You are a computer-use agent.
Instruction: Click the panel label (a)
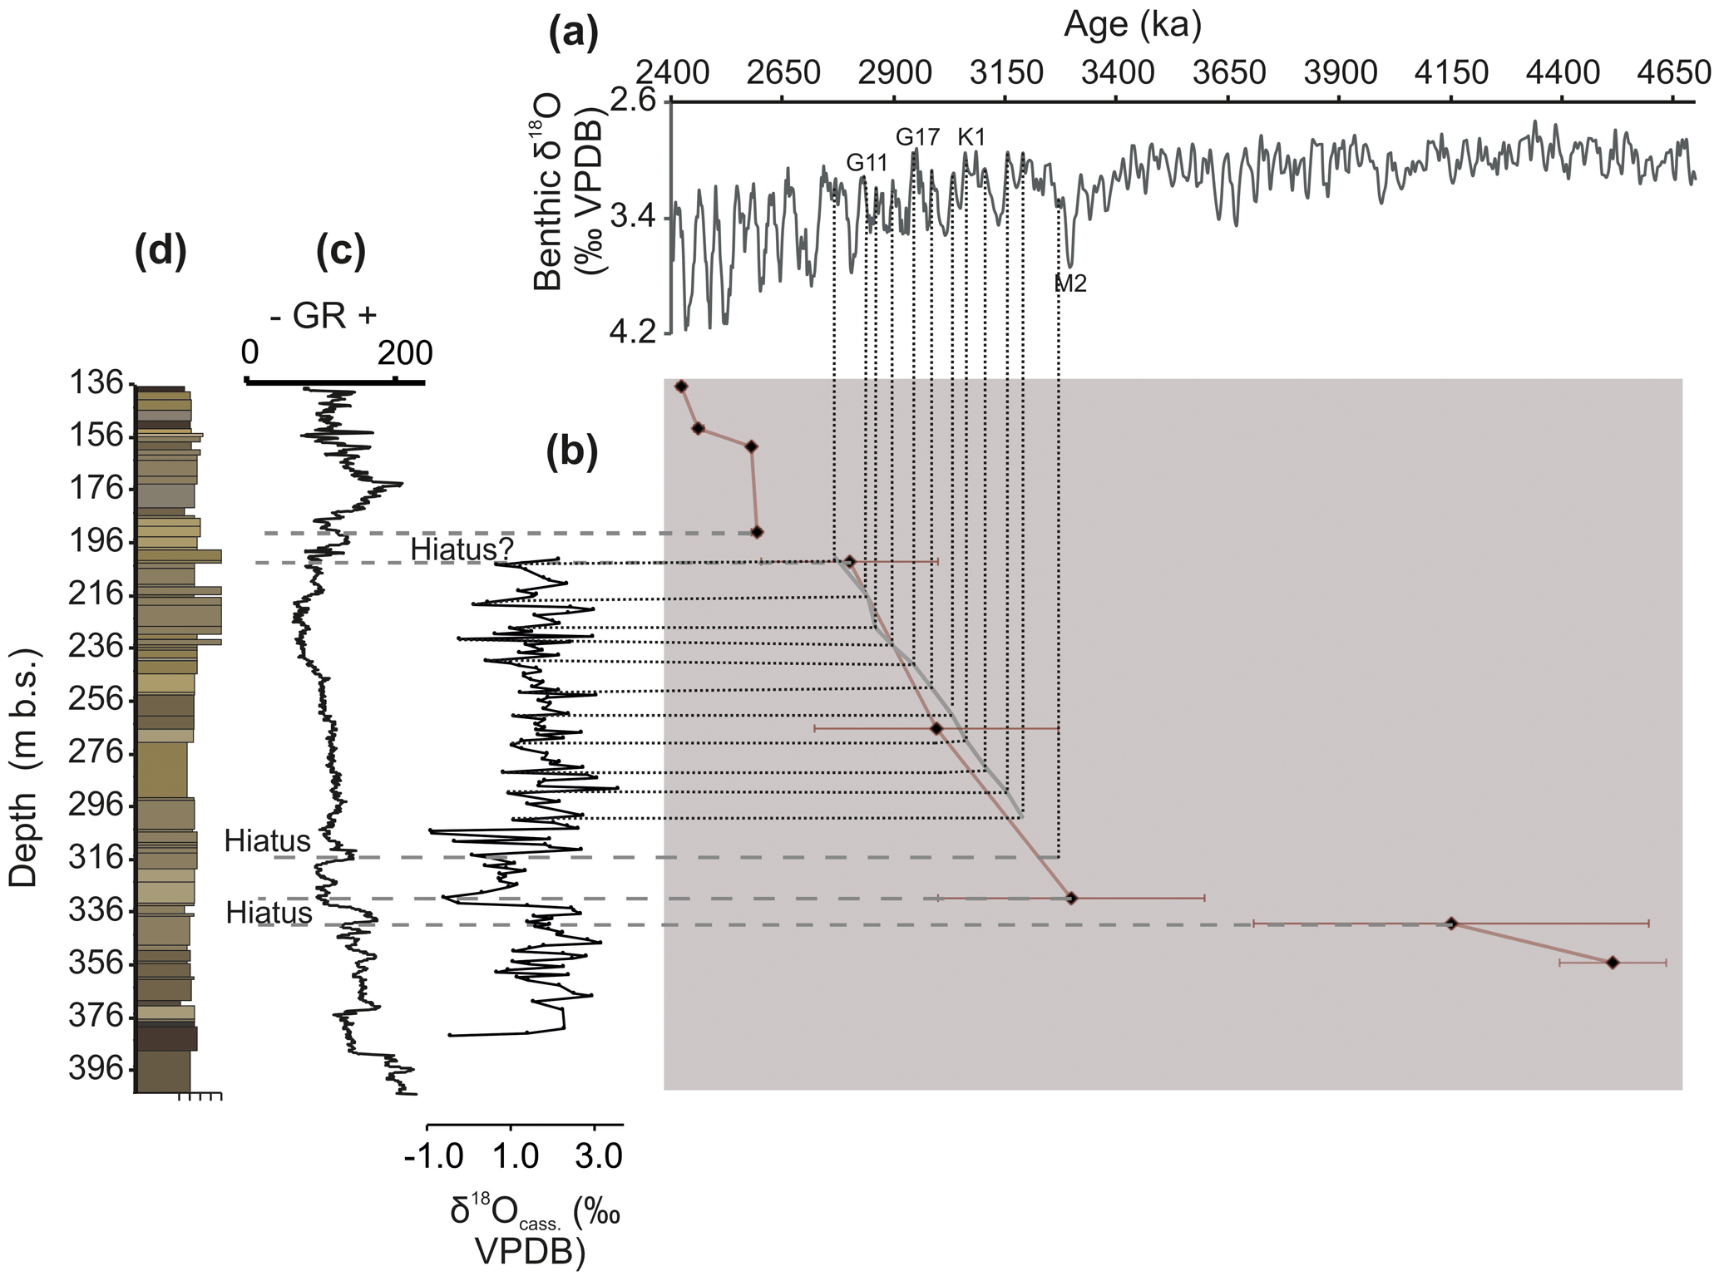pyautogui.click(x=574, y=35)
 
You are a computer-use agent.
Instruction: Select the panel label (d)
pyautogui.click(x=161, y=252)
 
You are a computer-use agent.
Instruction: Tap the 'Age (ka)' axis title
pyautogui.click(x=1133, y=27)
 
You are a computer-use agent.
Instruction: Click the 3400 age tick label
pyautogui.click(x=1117, y=73)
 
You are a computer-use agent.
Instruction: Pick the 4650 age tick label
pyautogui.click(x=1672, y=73)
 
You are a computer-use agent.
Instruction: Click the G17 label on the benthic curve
pyautogui.click(x=917, y=136)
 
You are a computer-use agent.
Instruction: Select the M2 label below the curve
pyautogui.click(x=1070, y=284)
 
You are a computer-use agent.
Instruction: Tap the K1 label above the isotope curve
pyautogui.click(x=971, y=137)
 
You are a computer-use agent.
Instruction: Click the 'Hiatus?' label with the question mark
pyautogui.click(x=462, y=549)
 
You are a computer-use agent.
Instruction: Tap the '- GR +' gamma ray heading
pyautogui.click(x=323, y=315)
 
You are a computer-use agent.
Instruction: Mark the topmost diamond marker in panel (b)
pyautogui.click(x=682, y=387)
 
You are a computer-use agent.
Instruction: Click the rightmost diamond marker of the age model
pyautogui.click(x=1613, y=963)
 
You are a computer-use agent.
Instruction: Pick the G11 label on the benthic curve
pyautogui.click(x=867, y=163)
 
